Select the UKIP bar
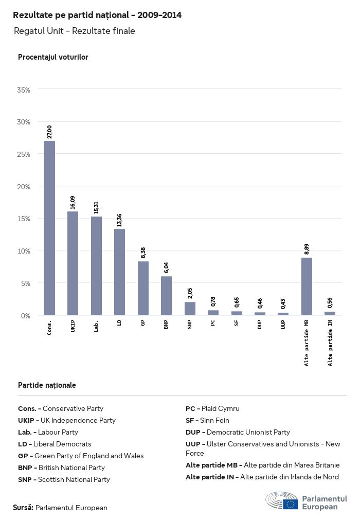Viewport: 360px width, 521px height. pos(73,263)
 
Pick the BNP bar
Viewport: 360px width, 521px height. pos(166,295)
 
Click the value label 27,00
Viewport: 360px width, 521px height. pos(49,132)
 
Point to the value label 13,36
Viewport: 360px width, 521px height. pos(119,220)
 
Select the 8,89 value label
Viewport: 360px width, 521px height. pos(307,248)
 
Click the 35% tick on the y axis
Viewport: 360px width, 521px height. pos(24,90)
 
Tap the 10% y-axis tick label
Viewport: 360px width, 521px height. pos(24,251)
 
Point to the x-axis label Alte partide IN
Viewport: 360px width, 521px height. pos(330,343)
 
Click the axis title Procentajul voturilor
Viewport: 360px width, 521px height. pos(53,57)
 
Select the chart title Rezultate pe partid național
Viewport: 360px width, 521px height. pos(97,15)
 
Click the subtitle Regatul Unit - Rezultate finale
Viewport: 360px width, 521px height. pos(75,31)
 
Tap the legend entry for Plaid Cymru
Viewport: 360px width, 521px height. pos(212,408)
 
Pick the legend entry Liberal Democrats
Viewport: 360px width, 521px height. pos(55,444)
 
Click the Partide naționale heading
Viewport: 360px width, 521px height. pos(47,385)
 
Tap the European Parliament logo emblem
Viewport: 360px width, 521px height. pos(282,501)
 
